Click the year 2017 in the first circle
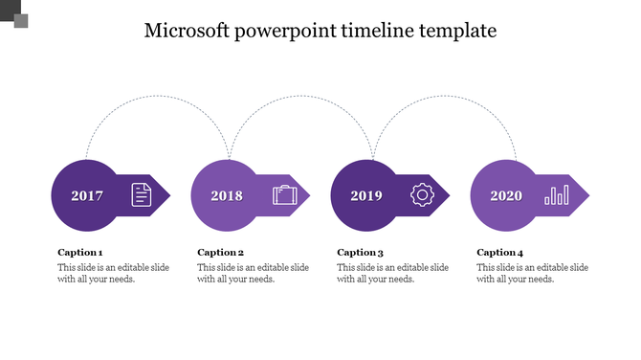point(87,196)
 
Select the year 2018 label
point(227,196)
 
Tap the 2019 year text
point(366,196)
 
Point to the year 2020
point(506,196)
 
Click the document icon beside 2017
point(141,195)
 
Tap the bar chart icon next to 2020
point(556,195)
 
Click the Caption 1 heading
point(80,253)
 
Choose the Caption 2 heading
point(221,253)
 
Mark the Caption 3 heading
point(361,253)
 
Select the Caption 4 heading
point(500,253)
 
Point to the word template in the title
point(459,32)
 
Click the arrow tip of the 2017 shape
point(167,196)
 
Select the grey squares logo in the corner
point(15,14)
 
